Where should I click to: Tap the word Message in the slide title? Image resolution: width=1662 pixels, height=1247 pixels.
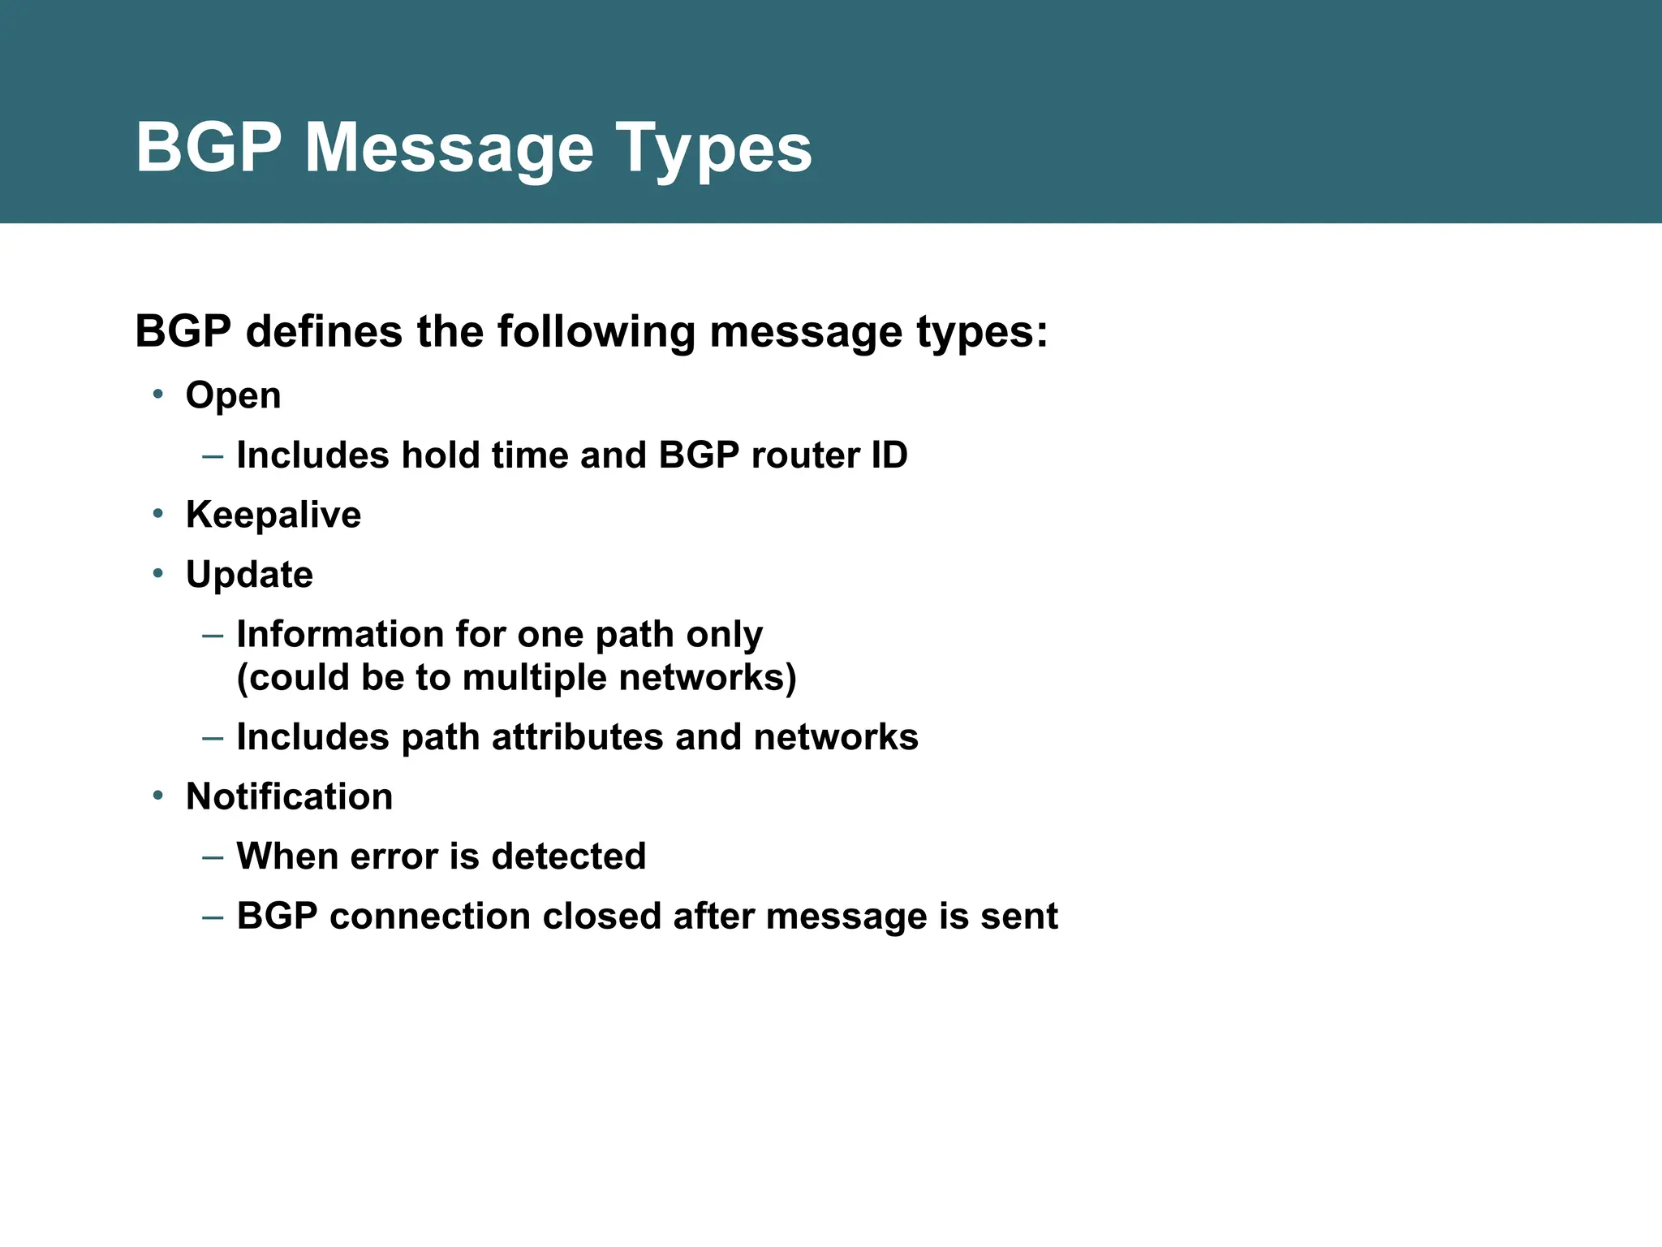click(x=449, y=149)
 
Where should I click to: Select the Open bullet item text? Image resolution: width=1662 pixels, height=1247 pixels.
click(x=233, y=396)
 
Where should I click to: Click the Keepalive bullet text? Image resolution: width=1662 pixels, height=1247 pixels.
click(x=273, y=516)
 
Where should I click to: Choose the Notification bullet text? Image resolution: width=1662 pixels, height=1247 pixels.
click(x=289, y=797)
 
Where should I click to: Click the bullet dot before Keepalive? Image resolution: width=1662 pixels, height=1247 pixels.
click(x=158, y=514)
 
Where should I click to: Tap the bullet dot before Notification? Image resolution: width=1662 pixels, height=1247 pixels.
click(x=158, y=796)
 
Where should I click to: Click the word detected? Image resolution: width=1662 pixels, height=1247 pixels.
click(x=568, y=857)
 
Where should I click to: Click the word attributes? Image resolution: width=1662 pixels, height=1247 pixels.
click(x=577, y=737)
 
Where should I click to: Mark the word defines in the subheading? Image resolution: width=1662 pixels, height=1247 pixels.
click(x=324, y=332)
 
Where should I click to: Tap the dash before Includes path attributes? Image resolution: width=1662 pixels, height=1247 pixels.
click(x=213, y=738)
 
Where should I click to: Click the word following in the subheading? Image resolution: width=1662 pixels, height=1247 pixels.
click(x=596, y=332)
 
